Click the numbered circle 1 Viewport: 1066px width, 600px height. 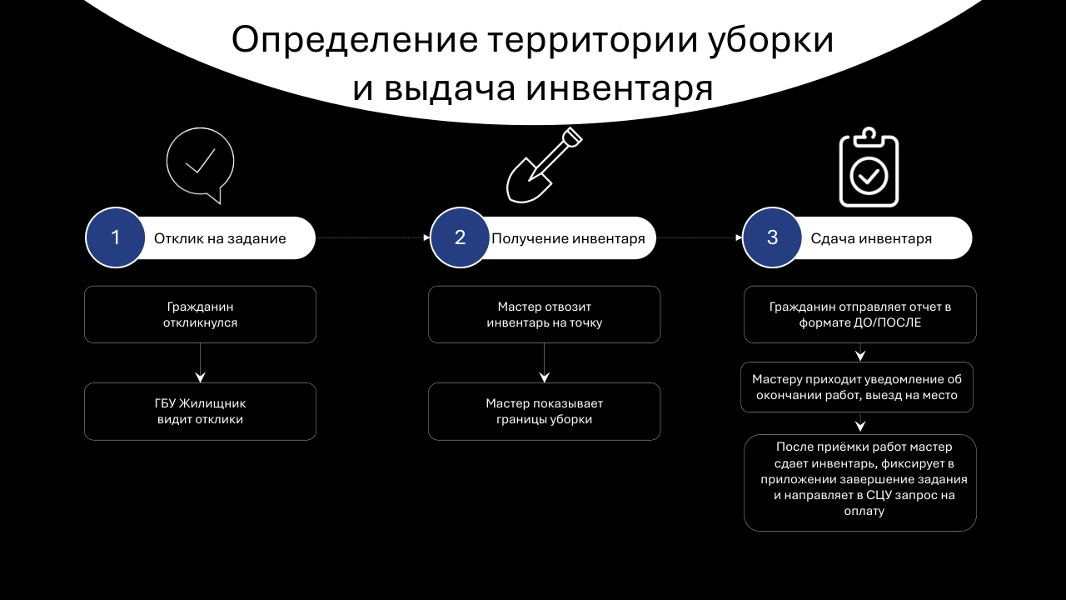coord(116,237)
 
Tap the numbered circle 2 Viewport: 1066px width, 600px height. coord(460,237)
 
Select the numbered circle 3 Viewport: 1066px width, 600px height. coord(772,237)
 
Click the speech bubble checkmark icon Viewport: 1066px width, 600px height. coord(201,164)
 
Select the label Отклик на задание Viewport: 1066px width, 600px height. coord(220,238)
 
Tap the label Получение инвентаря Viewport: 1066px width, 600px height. coord(568,238)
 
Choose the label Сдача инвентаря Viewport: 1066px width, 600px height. coord(871,238)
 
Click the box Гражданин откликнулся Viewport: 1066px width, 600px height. coord(200,314)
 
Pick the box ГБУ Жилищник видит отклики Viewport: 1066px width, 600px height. coord(200,411)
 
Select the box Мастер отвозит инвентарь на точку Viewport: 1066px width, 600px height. coord(544,314)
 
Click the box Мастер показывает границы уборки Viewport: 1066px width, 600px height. coord(544,411)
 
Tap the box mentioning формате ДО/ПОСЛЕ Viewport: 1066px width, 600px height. coord(859,314)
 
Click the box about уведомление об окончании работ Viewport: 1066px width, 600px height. coord(857,387)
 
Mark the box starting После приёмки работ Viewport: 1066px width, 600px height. coord(859,482)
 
